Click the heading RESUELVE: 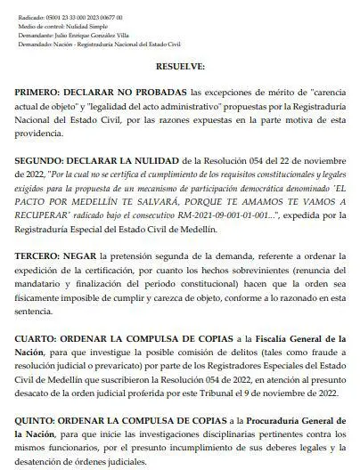(x=180, y=67)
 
